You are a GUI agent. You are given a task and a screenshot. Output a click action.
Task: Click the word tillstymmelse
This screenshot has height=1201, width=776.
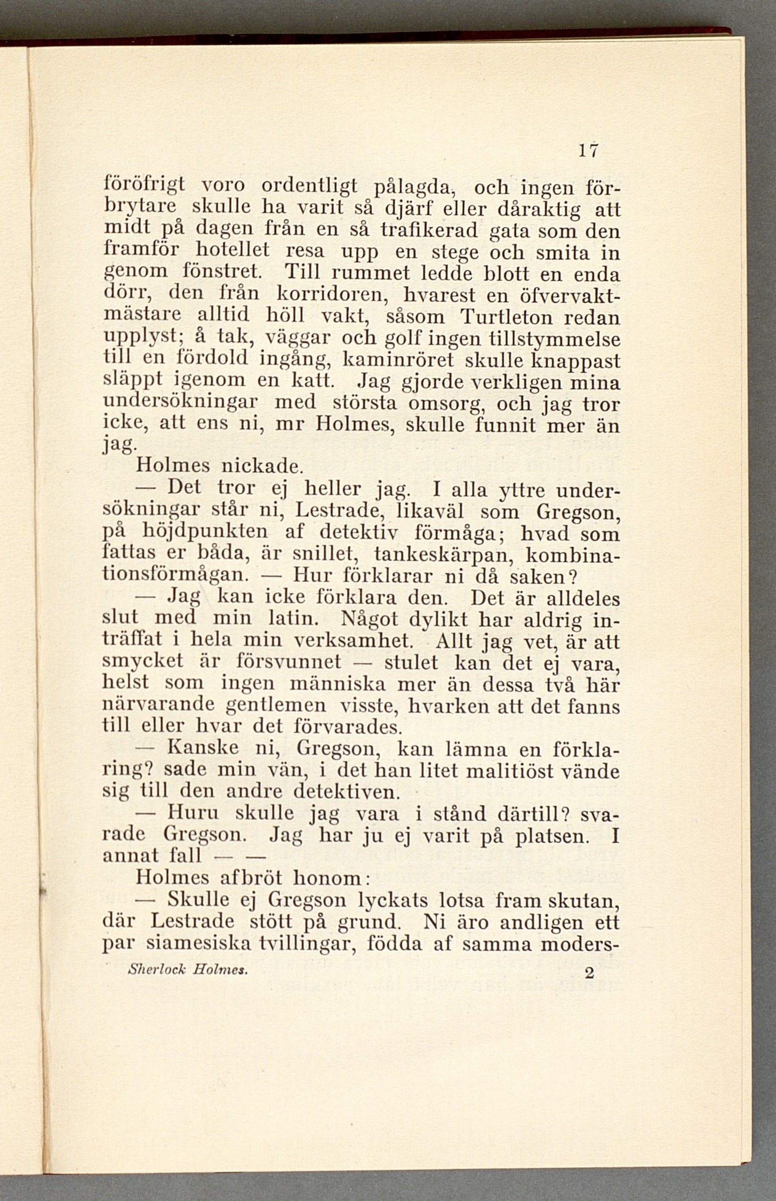555,339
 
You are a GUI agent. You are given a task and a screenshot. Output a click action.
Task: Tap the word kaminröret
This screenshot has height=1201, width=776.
394,362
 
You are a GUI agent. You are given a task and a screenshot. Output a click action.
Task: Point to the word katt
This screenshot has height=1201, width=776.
315,382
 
